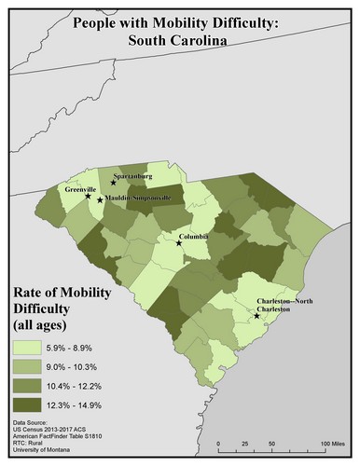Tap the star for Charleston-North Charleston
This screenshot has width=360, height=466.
[256, 316]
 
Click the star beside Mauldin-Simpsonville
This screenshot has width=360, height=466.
[101, 199]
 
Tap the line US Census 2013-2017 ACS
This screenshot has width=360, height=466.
[52, 432]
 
